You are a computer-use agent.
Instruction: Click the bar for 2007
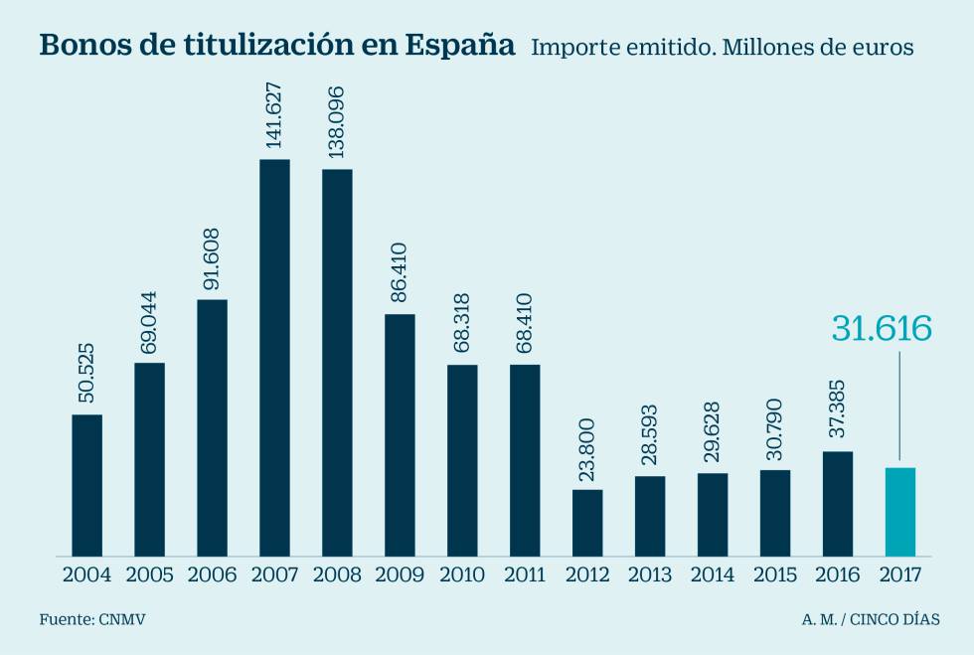pyautogui.click(x=274, y=358)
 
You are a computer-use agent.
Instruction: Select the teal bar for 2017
pyautogui.click(x=899, y=512)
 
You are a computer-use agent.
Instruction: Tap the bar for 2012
pyautogui.click(x=587, y=523)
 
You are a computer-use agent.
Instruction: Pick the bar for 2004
pyautogui.click(x=86, y=485)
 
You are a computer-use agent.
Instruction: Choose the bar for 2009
pyautogui.click(x=400, y=435)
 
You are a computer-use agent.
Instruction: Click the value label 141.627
pyautogui.click(x=275, y=114)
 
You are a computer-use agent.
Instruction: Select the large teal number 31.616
pyautogui.click(x=882, y=328)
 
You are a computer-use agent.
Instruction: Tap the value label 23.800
pyautogui.click(x=588, y=444)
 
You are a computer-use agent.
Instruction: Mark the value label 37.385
pyautogui.click(x=838, y=409)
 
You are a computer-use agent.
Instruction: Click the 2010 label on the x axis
pyautogui.click(x=462, y=574)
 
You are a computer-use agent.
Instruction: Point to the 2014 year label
pyautogui.click(x=713, y=574)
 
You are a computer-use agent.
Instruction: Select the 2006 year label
pyautogui.click(x=212, y=574)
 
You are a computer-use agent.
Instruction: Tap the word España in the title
pyautogui.click(x=462, y=45)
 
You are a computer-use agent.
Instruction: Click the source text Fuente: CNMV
pyautogui.click(x=85, y=619)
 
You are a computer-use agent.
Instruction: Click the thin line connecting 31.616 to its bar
pyautogui.click(x=899, y=408)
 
